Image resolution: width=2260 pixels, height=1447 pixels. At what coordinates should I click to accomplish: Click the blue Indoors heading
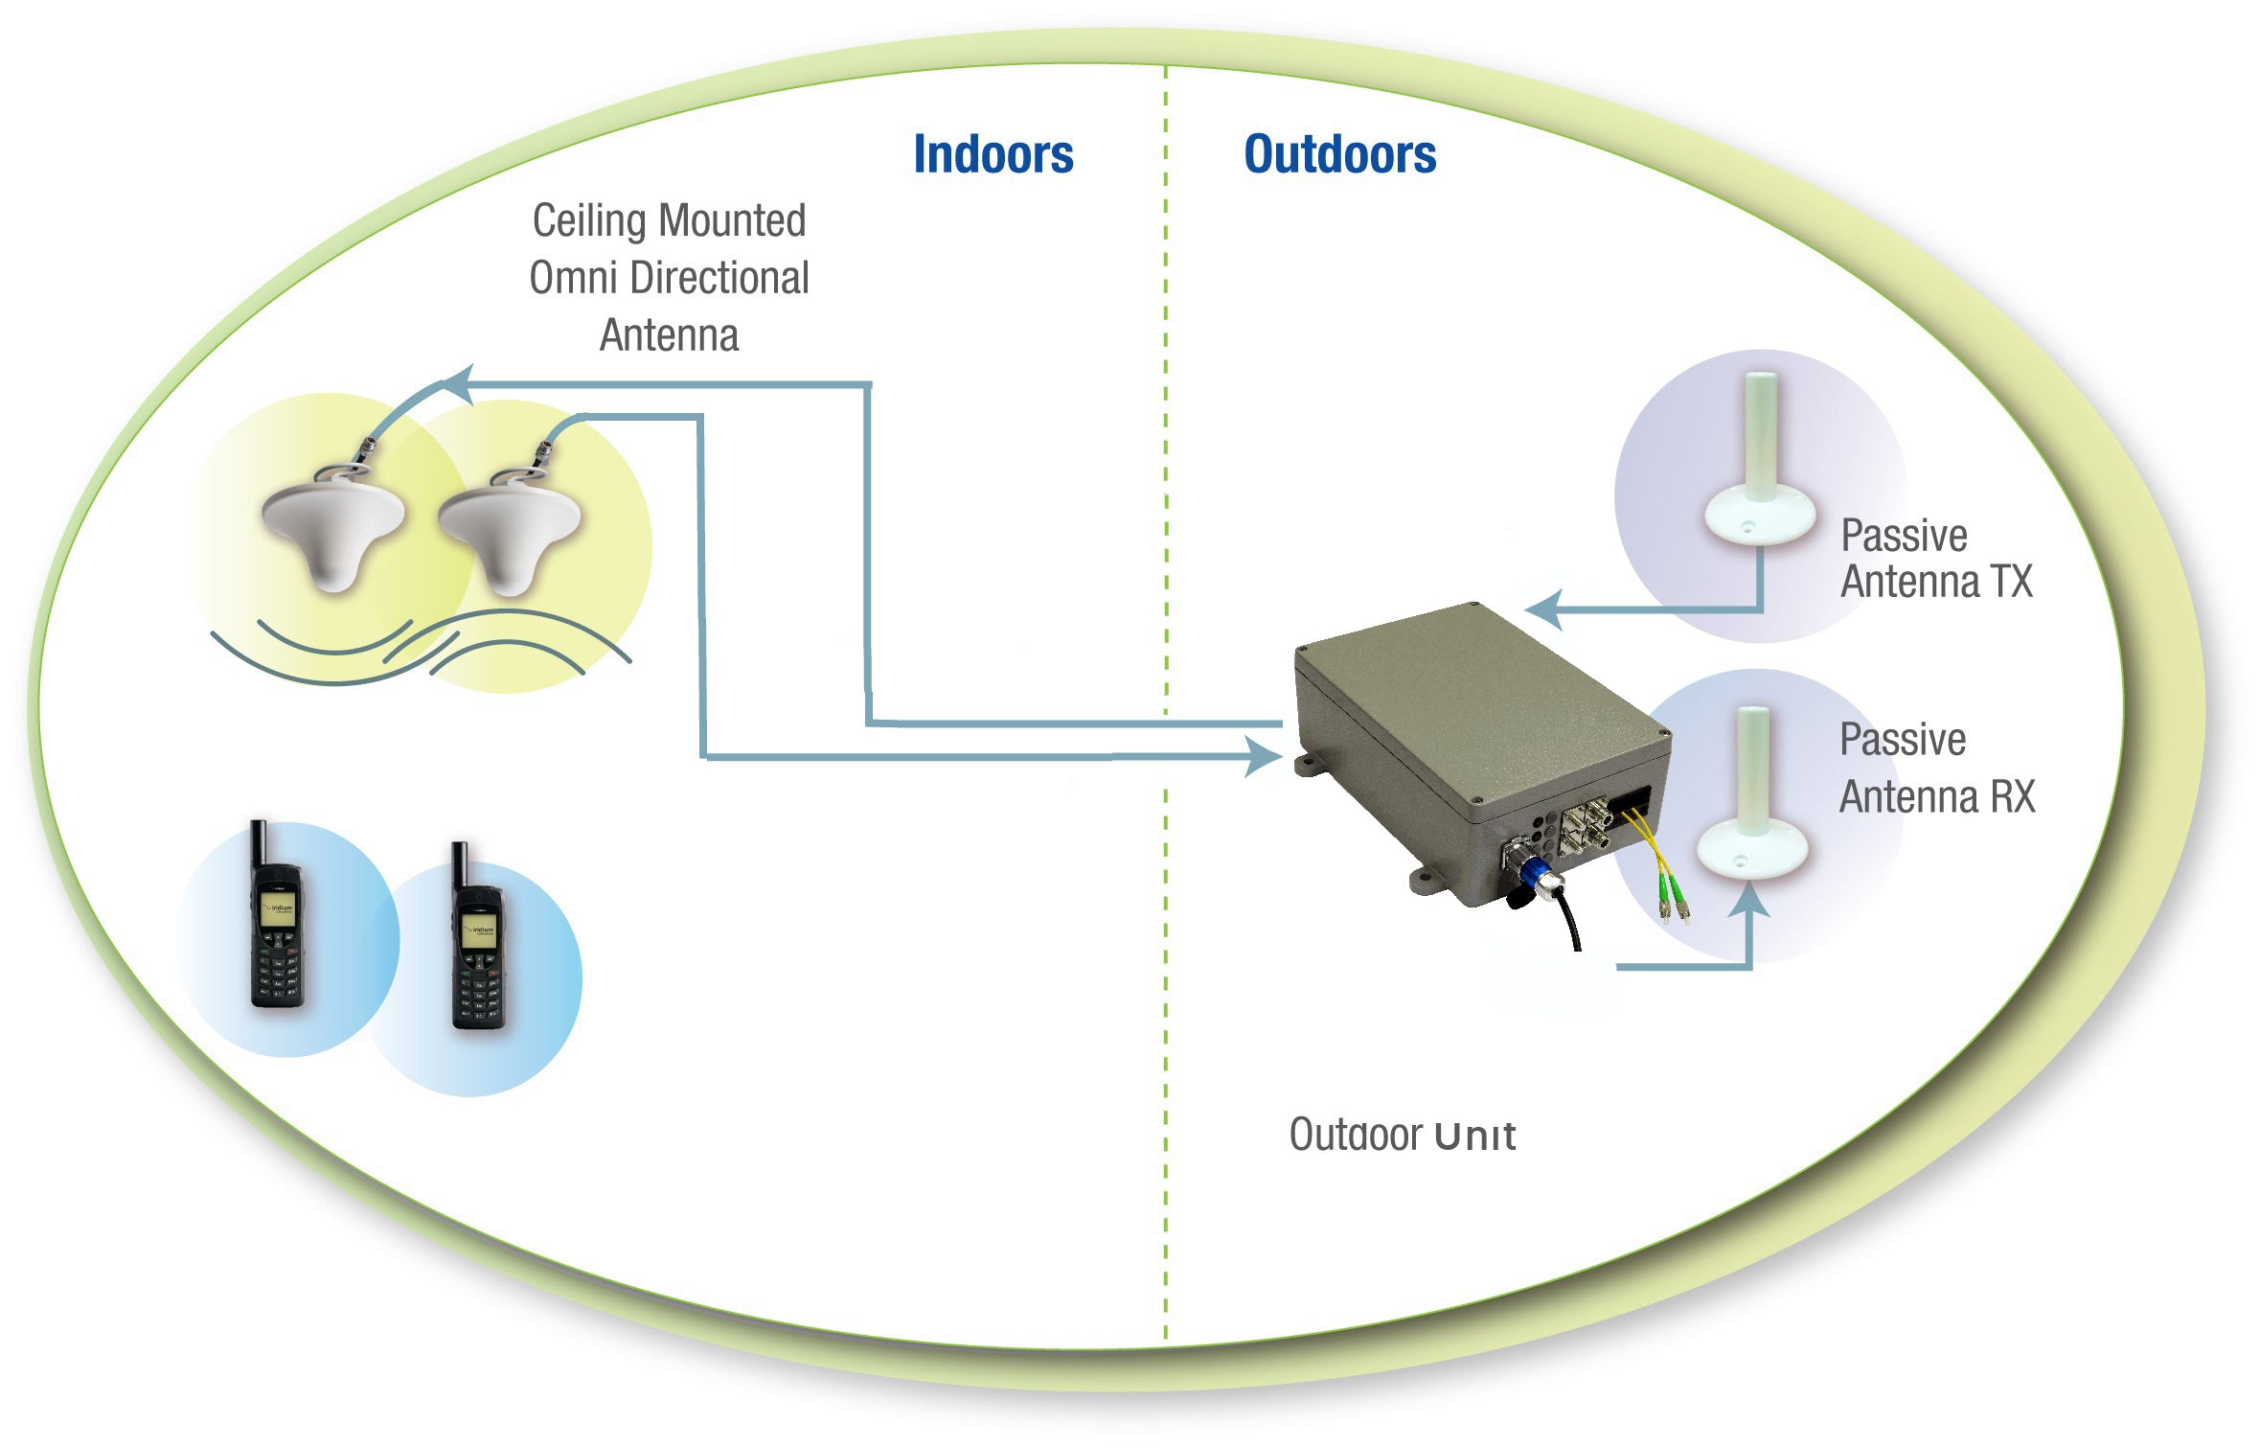point(993,155)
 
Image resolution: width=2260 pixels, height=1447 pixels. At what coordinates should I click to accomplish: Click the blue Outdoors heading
point(1339,155)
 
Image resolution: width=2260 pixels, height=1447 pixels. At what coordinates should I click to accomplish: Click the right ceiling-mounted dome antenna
point(509,532)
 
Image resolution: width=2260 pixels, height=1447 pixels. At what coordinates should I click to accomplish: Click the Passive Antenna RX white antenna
point(1752,805)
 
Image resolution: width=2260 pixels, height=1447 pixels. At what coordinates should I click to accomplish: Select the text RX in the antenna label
point(2012,797)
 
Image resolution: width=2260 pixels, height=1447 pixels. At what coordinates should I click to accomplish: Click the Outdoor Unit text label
point(1402,1136)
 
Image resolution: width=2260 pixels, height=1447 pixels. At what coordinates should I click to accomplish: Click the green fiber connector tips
point(1673,906)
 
